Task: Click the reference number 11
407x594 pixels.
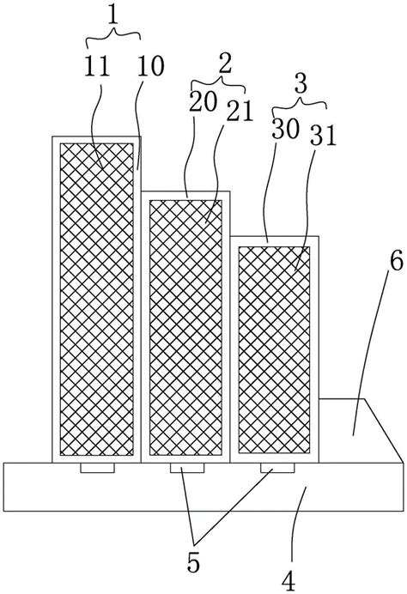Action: [x=97, y=66]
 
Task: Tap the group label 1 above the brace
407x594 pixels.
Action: [x=113, y=15]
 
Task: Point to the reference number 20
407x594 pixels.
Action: [x=203, y=101]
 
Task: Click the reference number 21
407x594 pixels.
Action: [x=240, y=112]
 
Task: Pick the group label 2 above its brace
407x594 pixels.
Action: [x=225, y=64]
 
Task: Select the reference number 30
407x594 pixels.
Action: [x=285, y=130]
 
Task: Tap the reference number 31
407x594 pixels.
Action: [x=323, y=136]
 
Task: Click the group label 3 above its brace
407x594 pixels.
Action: [x=301, y=84]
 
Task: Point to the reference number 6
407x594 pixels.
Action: [x=397, y=262]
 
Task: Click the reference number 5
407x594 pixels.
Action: [x=193, y=563]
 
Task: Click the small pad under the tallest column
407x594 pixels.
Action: [x=97, y=468]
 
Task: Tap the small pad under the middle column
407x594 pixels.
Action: [x=187, y=468]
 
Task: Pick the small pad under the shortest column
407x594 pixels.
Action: [x=277, y=468]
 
